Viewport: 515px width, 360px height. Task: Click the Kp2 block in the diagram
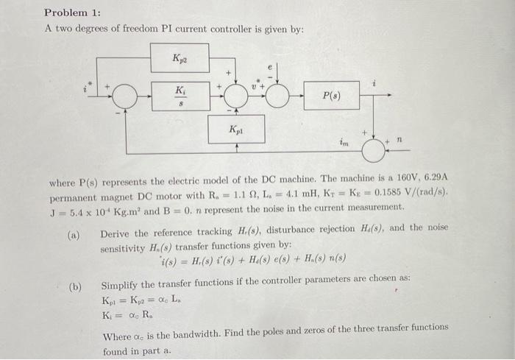click(180, 57)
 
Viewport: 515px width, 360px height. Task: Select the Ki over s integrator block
click(180, 96)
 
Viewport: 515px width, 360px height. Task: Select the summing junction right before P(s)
click(277, 96)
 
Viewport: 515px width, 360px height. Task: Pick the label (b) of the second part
click(74, 286)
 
